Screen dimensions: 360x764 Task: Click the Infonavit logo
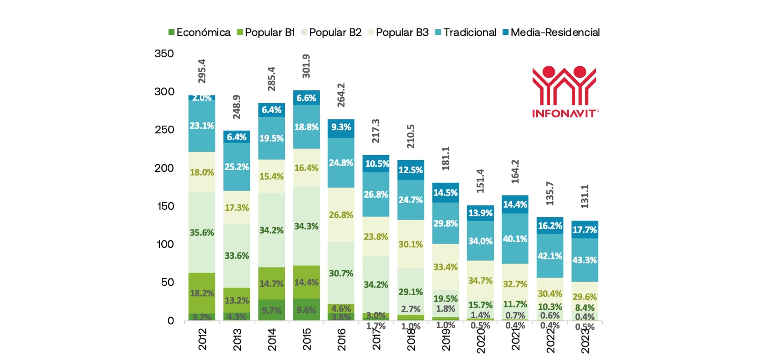(564, 92)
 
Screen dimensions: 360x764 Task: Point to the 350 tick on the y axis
(164, 54)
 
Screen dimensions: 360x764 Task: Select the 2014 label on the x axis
(271, 340)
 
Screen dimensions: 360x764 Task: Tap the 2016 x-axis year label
(341, 340)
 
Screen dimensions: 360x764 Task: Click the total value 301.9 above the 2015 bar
(306, 66)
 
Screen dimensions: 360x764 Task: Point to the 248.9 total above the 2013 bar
(236, 107)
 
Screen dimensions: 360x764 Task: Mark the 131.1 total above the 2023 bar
(585, 196)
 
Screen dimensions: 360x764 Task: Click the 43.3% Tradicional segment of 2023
(585, 260)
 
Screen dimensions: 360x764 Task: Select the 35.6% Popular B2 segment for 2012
(202, 232)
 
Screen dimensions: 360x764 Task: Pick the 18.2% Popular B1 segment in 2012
(202, 293)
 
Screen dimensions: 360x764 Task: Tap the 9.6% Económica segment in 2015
(306, 310)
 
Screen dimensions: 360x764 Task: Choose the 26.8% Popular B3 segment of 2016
(341, 215)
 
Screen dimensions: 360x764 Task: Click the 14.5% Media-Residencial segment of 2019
(445, 193)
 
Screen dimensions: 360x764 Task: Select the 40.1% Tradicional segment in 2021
(515, 239)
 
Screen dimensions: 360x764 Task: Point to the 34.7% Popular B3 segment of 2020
(480, 280)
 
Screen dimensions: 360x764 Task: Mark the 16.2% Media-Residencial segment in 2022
(550, 226)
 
